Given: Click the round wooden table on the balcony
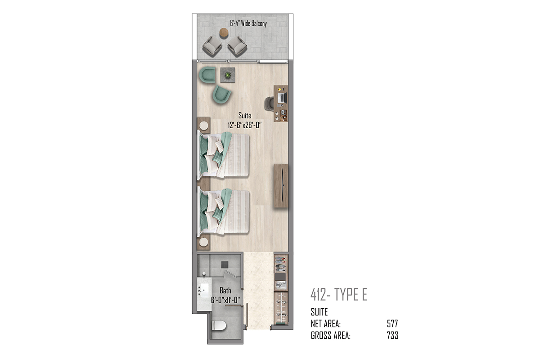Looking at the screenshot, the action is pos(224,32).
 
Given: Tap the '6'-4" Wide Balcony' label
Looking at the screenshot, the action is pos(248,23).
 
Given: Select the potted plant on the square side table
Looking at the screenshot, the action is pos(228,75).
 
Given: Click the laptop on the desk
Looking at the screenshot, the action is pos(282,97).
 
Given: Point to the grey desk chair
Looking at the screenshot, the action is pos(269,103).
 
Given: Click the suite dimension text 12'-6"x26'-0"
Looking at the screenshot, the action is pos(245,125).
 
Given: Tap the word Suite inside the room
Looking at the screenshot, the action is pos(245,116).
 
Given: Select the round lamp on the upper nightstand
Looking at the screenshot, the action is pos(204,126).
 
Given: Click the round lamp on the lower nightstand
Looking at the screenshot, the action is pos(204,242).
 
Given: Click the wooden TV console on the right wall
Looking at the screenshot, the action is pos(281,186).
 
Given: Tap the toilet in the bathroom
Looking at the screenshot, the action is pos(220,325).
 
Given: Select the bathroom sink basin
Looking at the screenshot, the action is pos(205,291).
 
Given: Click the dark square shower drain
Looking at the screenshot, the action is pos(225,265).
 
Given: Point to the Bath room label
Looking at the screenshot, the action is pos(225,290).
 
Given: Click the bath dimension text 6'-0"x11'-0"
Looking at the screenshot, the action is pos(225,300).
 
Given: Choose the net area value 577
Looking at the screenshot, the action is pos(392,324).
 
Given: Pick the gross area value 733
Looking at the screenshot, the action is pos(392,335).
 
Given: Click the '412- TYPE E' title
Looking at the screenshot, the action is pos(339,294).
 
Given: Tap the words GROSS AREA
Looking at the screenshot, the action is pos(330,335).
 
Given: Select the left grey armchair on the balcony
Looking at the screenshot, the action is pos(212,46).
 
